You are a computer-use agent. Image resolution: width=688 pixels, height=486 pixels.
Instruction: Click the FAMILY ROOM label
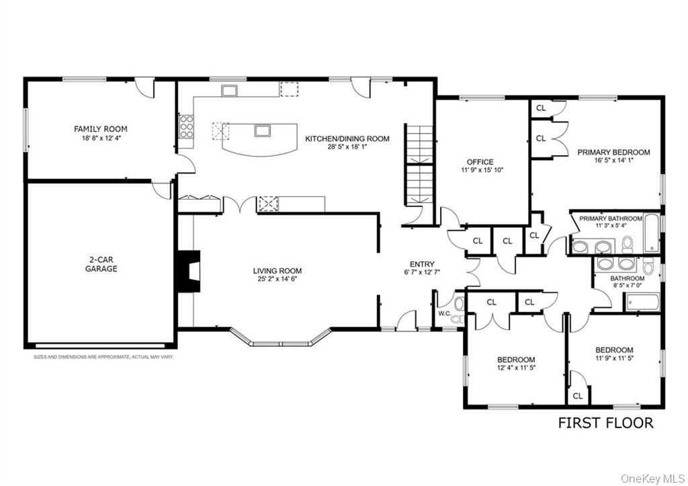(100, 129)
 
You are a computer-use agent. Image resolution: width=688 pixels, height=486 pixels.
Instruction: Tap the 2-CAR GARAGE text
(101, 264)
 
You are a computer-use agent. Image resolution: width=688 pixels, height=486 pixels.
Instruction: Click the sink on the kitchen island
(261, 130)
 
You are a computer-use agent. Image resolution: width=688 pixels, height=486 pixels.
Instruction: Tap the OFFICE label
(480, 162)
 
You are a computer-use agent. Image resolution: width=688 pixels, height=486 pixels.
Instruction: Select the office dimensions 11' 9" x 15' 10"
(480, 171)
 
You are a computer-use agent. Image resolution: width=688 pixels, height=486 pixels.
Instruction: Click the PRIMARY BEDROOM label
(613, 153)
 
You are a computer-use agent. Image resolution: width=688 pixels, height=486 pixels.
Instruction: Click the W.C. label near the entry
(444, 313)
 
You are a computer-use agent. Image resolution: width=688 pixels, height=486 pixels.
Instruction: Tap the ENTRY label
(422, 264)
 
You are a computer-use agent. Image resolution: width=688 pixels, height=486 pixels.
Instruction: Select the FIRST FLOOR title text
(605, 423)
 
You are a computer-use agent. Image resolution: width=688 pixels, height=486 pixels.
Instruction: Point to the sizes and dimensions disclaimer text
(103, 357)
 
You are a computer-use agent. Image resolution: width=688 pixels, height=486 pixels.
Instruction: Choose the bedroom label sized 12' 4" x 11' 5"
(516, 360)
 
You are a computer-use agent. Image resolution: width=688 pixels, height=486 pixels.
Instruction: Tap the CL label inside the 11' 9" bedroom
(577, 397)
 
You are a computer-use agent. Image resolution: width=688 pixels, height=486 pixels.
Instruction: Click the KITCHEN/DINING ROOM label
(347, 138)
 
